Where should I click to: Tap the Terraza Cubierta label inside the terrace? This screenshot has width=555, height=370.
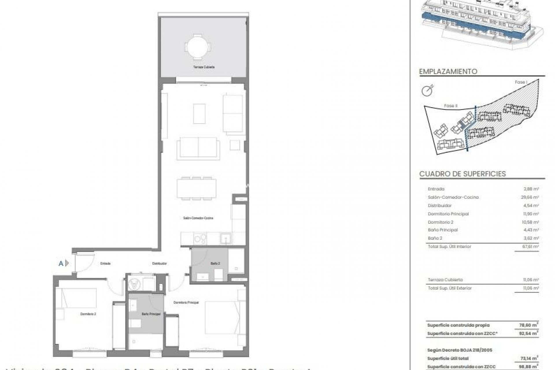[204, 67]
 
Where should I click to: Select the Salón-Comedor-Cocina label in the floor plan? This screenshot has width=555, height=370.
[198, 218]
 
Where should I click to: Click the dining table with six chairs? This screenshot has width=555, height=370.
[197, 188]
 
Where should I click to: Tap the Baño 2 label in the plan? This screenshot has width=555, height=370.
[215, 263]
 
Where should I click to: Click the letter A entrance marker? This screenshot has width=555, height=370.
[61, 263]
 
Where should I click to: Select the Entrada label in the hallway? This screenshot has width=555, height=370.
[106, 263]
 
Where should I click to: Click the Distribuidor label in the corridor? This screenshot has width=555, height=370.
[159, 263]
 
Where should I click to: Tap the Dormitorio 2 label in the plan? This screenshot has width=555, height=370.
[88, 314]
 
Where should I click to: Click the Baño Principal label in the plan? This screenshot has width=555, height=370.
[151, 314]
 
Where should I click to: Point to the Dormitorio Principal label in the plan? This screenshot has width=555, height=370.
[186, 302]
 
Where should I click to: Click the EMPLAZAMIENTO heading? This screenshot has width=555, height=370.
[448, 71]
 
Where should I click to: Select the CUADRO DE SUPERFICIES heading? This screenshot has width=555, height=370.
[462, 174]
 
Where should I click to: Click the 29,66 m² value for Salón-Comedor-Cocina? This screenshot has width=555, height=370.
[531, 197]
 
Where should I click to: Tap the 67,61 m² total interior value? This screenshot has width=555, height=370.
[531, 247]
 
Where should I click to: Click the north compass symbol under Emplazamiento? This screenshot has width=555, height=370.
[427, 91]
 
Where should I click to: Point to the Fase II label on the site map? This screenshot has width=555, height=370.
[451, 106]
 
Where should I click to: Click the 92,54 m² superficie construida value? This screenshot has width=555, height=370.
[529, 333]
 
